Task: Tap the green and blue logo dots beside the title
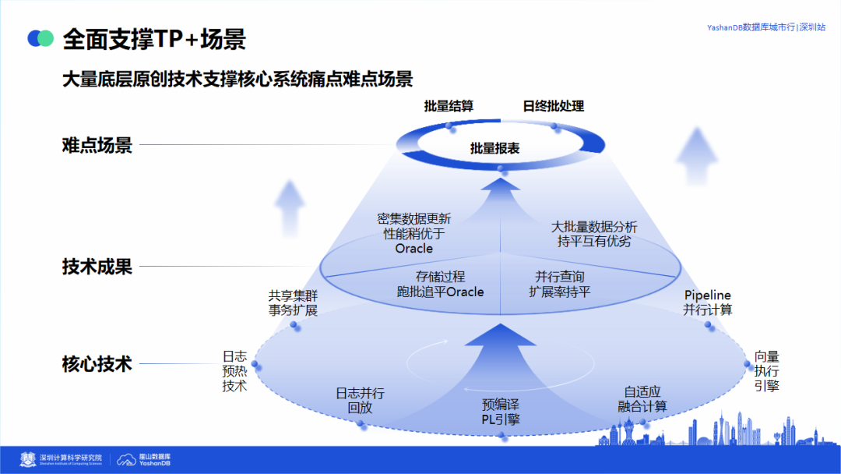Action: point(40,38)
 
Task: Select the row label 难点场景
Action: point(97,145)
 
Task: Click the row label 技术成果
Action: point(97,267)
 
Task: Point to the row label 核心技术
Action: point(97,363)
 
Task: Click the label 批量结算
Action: point(449,106)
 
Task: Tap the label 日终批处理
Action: point(553,106)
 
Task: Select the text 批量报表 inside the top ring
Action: point(495,147)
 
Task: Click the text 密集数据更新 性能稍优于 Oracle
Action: point(414,233)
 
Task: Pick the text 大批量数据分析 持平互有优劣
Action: point(594,234)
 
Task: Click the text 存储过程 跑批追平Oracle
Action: point(440,284)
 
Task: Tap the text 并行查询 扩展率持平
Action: point(559,284)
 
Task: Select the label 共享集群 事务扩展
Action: point(293,302)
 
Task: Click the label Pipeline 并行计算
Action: point(708,302)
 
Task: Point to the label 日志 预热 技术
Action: point(234,371)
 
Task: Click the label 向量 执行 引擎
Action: point(766,371)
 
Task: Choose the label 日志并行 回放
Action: point(360,401)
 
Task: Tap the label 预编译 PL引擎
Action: point(500,412)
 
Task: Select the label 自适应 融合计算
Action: point(642,399)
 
